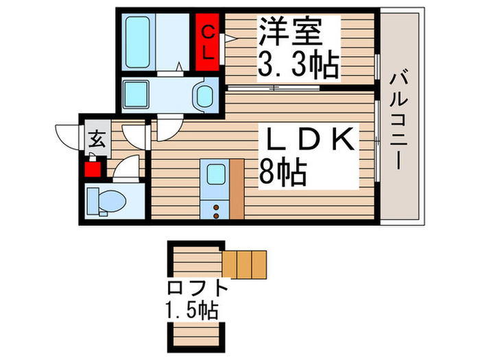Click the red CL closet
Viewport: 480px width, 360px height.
208,41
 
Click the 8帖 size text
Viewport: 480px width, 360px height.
282,173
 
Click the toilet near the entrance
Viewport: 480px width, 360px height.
107,200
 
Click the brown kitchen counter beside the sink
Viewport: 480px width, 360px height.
237,189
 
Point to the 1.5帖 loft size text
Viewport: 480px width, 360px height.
191,311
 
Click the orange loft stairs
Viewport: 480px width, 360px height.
244,265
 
